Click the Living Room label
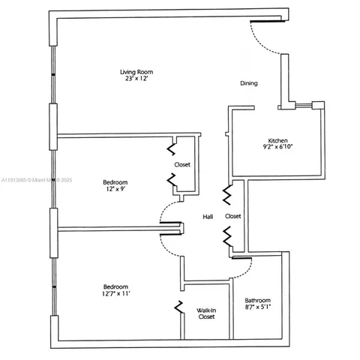click(135, 72)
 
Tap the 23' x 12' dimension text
click(135, 79)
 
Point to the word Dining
click(249, 83)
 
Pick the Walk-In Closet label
click(206, 313)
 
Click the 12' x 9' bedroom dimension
click(115, 189)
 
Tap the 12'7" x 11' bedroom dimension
click(115, 294)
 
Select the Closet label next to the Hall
click(233, 216)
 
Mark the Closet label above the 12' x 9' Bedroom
click(182, 164)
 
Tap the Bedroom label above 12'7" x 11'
click(115, 286)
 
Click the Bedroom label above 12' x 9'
click(115, 181)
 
